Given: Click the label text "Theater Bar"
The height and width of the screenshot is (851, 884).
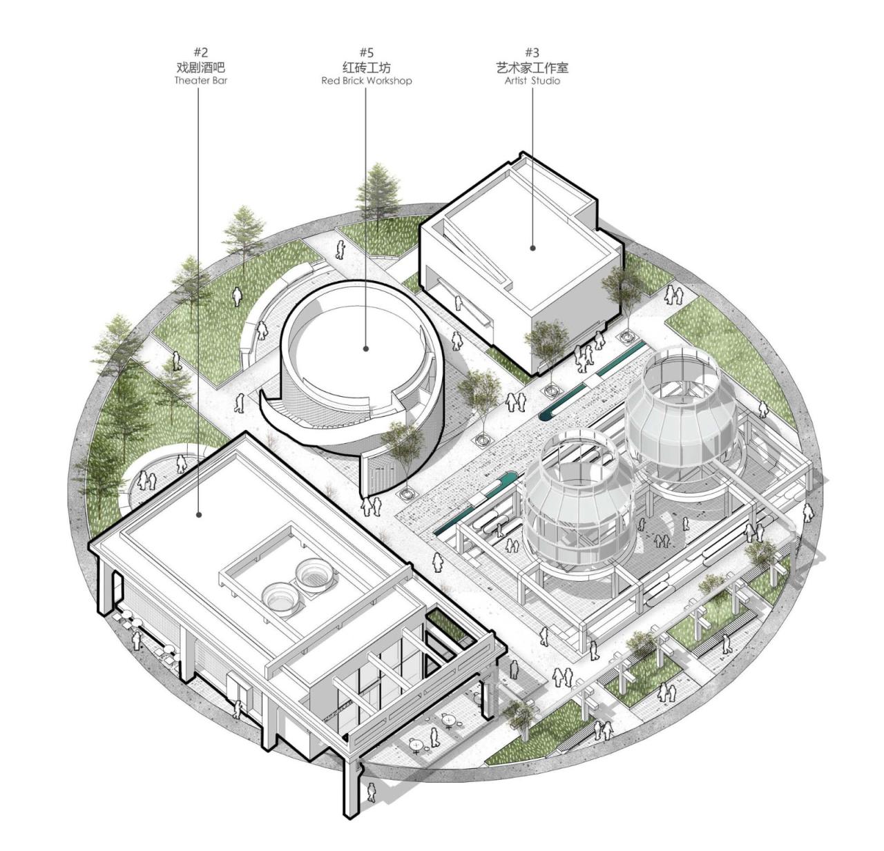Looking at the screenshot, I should point(200,81).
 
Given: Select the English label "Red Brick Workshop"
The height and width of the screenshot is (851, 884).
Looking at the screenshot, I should point(366,81).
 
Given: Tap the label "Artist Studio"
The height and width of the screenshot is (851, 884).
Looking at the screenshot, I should point(532,81).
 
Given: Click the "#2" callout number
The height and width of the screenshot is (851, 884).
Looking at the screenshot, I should point(200,52).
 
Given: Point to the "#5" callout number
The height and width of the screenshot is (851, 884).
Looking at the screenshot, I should point(366,52).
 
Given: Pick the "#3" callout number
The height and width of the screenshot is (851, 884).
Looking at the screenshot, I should point(532,52).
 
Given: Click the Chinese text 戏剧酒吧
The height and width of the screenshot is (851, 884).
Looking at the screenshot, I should point(200,67).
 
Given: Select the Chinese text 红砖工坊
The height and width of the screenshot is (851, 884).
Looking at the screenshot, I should point(366,67).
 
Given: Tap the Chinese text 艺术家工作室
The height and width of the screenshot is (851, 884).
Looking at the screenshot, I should point(532,67).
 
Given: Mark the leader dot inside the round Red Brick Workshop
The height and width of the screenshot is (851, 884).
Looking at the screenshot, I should point(366,349).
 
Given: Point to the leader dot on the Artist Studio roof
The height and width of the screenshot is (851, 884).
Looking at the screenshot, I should point(532,247).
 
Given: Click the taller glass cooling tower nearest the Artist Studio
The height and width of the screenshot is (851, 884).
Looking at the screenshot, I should point(680,414).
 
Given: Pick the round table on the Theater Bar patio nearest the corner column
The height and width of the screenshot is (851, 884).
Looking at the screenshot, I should point(416,745).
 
